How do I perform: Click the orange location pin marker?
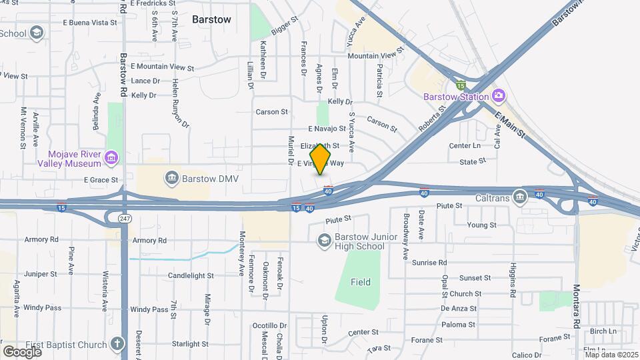tap(321, 159)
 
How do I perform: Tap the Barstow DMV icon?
tap(171, 178)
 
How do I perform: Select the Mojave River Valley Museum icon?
tap(111, 158)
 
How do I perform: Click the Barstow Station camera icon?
tap(498, 96)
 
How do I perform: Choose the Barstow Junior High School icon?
tap(324, 239)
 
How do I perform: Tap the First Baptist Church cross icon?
tap(117, 344)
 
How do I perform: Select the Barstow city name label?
tap(211, 19)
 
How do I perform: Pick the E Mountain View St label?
tap(162, 67)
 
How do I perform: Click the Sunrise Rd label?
tap(429, 263)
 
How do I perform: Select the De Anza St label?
tap(459, 309)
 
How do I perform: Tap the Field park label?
tap(361, 282)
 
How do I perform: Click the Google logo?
tap(22, 351)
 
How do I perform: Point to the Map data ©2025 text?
tap(611, 355)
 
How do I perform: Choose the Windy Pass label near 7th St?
tap(149, 309)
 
